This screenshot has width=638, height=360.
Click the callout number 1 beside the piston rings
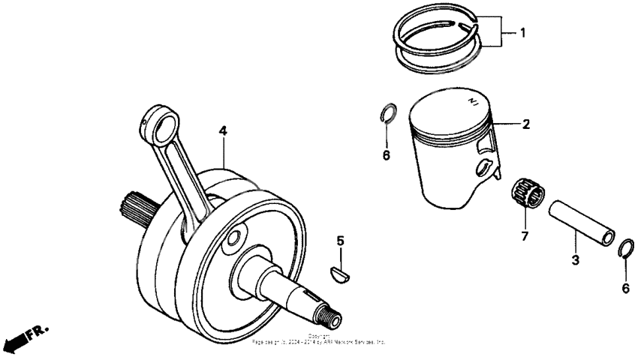coord(523,34)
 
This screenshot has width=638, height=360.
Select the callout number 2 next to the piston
coord(525,124)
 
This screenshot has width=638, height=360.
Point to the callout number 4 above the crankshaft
coord(223,130)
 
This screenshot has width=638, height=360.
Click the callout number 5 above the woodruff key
coord(340,241)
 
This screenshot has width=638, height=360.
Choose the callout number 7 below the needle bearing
coord(525,238)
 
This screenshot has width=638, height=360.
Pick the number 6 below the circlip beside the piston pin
coord(625,288)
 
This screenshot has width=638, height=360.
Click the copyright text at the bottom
coord(319,339)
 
